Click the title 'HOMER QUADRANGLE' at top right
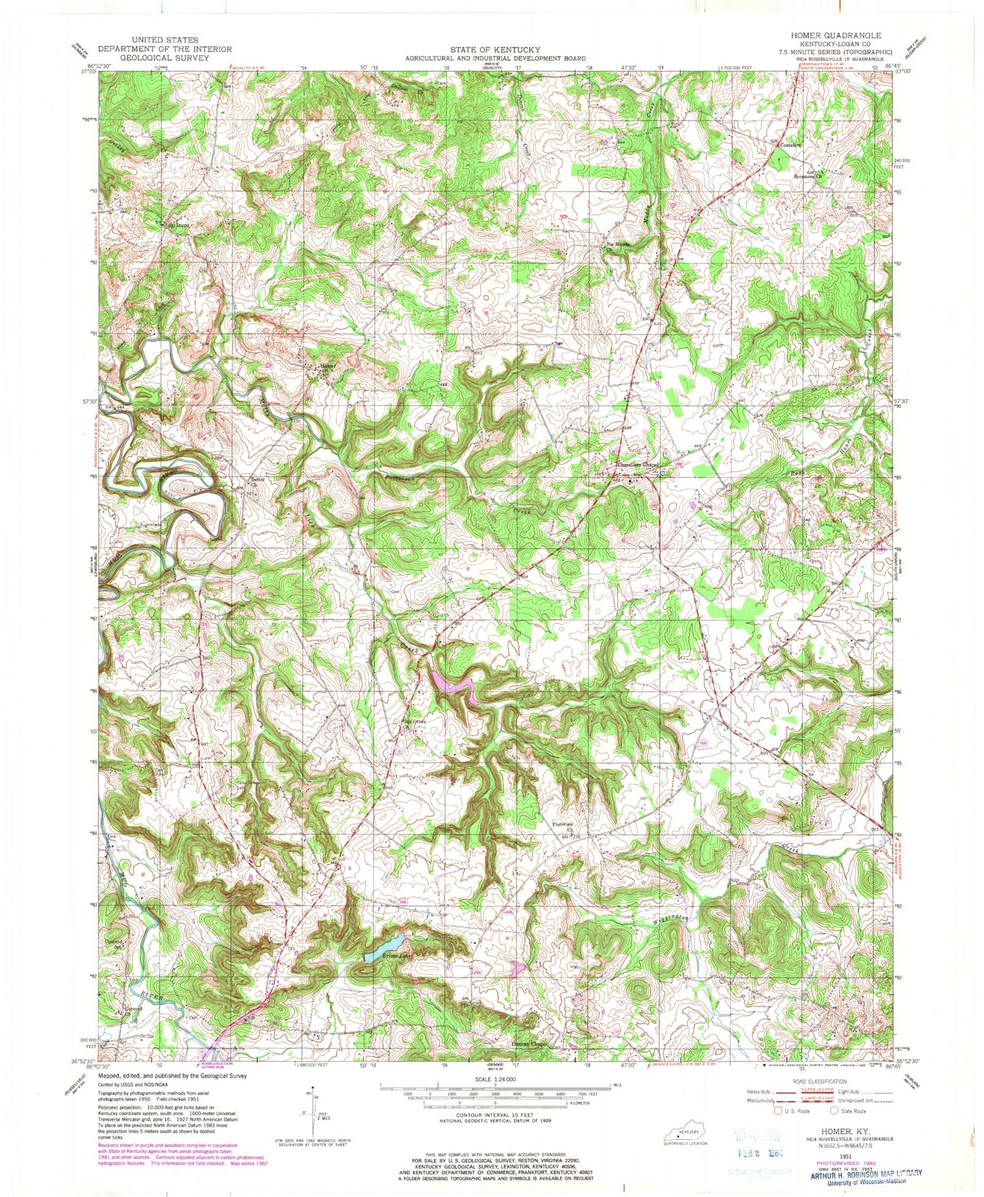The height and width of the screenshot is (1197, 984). [842, 35]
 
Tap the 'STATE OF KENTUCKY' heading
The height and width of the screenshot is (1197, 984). [494, 50]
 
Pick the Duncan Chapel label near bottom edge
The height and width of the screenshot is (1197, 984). [530, 1044]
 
